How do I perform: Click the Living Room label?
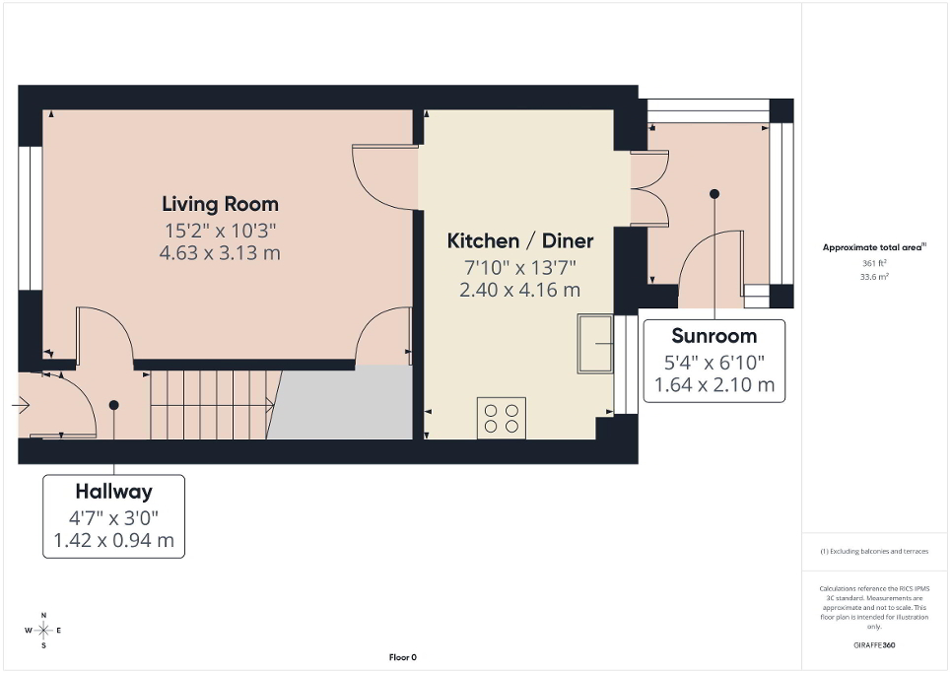220,204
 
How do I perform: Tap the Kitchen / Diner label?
519,240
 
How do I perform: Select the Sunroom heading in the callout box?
713,335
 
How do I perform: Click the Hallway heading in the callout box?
113,491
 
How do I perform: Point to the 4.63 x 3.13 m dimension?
220,253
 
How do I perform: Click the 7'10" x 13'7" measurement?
519,267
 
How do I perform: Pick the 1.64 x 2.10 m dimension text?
713,384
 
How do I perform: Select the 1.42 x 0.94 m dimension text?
113,540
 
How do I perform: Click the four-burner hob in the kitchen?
502,417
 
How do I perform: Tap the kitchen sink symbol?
595,344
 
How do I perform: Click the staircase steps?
212,402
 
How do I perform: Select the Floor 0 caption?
403,657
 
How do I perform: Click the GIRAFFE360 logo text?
874,645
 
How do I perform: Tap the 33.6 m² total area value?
874,277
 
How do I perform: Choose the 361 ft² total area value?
874,264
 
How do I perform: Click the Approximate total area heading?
873,247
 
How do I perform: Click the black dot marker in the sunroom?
714,194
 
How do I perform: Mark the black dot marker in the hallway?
113,404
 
